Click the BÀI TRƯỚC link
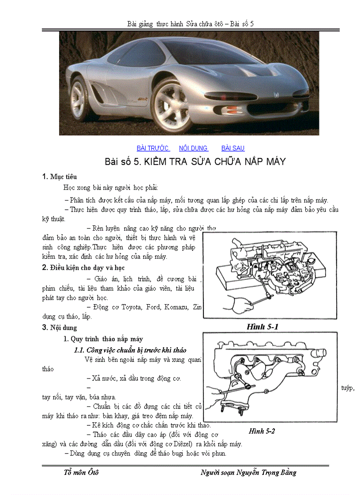[x=153, y=149]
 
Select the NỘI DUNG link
[x=193, y=149]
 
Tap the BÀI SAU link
[x=232, y=149]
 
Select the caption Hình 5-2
[x=262, y=431]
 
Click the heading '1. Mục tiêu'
[x=60, y=177]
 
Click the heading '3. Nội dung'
[x=60, y=328]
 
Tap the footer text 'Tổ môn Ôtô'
[x=81, y=473]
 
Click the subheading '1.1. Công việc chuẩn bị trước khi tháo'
[x=130, y=350]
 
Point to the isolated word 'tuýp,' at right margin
[x=348, y=388]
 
